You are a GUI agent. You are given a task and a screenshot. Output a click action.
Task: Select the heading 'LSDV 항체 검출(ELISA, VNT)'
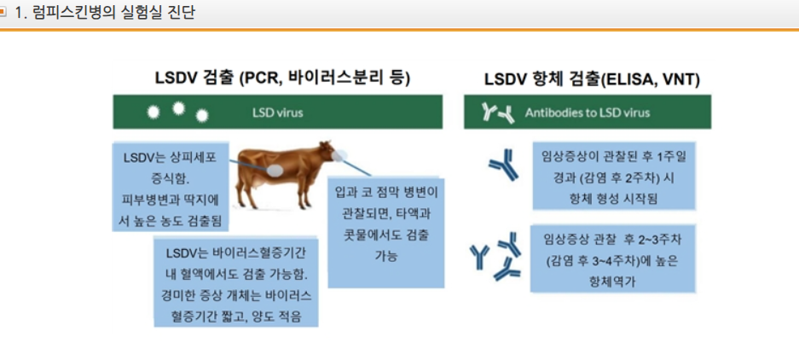[592, 79]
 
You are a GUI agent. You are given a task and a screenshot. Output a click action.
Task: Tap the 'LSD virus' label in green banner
[277, 112]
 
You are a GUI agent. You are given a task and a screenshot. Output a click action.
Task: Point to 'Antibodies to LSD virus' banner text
[587, 113]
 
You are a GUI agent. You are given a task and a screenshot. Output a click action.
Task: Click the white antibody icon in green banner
[498, 113]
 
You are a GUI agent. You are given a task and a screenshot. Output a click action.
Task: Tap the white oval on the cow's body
[277, 168]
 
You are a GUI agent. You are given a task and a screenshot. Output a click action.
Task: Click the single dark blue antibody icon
[503, 168]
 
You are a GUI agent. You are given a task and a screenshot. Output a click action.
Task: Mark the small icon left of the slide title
[4, 13]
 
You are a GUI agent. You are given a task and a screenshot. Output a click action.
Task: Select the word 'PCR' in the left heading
[258, 78]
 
